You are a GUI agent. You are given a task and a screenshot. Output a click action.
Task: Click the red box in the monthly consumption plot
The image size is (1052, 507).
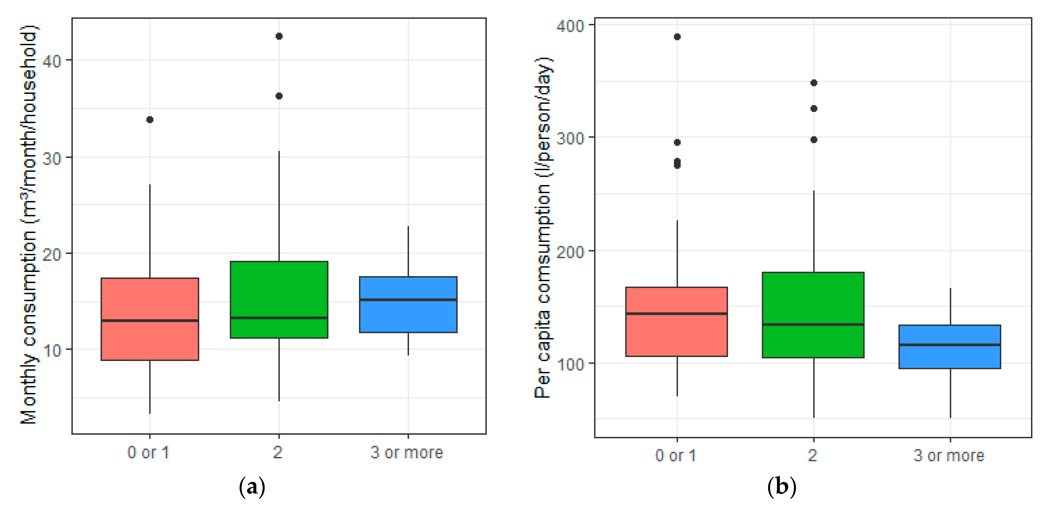click(150, 319)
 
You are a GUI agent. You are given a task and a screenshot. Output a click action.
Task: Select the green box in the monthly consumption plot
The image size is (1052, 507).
click(279, 300)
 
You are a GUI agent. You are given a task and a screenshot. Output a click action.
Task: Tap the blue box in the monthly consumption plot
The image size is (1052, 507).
click(408, 305)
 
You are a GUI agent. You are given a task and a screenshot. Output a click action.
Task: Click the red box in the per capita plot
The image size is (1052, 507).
click(677, 322)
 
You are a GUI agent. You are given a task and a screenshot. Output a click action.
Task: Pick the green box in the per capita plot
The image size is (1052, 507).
click(813, 315)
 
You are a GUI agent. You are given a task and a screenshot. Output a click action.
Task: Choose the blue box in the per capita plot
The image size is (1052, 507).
click(950, 347)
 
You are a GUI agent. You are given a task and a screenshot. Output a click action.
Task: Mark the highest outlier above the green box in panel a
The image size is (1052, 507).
click(279, 36)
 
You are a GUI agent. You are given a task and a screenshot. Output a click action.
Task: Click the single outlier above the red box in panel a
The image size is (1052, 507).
click(150, 120)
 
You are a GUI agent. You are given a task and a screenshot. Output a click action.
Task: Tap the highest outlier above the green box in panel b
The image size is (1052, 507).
click(814, 83)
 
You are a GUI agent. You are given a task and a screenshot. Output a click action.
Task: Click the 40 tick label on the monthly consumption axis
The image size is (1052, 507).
click(51, 61)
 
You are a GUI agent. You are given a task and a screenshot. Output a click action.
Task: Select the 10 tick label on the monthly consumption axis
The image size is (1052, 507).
click(51, 350)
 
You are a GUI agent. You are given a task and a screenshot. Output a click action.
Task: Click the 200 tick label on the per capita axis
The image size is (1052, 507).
click(570, 252)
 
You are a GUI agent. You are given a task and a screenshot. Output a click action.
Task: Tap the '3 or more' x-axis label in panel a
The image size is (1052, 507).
click(407, 453)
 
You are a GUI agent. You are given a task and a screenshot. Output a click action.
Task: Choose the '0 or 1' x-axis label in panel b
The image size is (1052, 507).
click(676, 455)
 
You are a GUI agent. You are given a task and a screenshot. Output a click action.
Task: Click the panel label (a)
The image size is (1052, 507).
click(252, 487)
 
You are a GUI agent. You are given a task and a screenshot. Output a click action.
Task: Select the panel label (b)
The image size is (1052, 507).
click(782, 487)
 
